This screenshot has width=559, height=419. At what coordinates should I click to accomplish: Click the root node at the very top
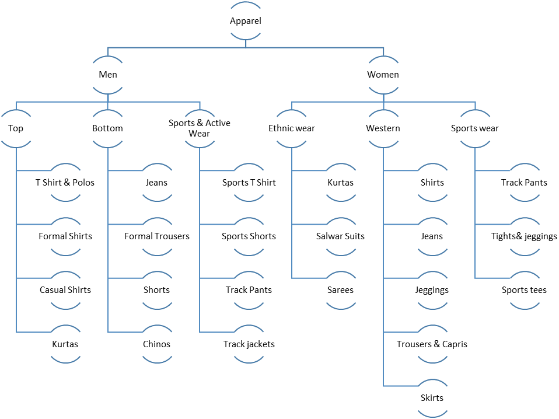(246, 20)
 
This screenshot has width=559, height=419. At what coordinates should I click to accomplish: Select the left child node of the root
(108, 75)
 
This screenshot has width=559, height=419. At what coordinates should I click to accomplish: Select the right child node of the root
(384, 75)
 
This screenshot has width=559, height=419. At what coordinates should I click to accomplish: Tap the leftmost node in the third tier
(16, 128)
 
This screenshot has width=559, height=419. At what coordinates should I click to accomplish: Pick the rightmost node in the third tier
(475, 128)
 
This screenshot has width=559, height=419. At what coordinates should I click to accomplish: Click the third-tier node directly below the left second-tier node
(108, 128)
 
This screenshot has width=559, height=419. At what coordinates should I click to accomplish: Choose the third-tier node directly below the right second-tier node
(384, 128)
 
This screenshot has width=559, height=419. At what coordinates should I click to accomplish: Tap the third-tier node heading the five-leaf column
(384, 128)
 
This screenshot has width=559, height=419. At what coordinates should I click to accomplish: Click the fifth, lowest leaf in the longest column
(433, 398)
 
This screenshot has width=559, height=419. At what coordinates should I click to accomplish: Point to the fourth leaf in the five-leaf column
(433, 344)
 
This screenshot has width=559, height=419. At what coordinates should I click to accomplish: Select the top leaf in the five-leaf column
(433, 183)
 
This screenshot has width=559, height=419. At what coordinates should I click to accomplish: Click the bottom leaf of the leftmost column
(66, 344)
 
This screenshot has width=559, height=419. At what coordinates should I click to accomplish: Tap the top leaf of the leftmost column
(66, 183)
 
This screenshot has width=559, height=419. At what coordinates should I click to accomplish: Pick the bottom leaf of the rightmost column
(525, 290)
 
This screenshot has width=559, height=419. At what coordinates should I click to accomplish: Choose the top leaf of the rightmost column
(525, 183)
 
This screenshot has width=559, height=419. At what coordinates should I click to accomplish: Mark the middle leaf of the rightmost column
(525, 236)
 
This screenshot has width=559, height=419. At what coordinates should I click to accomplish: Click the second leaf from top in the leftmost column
(66, 236)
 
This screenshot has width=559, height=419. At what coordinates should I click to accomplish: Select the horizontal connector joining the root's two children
(175, 47)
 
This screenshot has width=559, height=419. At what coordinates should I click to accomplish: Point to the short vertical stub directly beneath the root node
(246, 43)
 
